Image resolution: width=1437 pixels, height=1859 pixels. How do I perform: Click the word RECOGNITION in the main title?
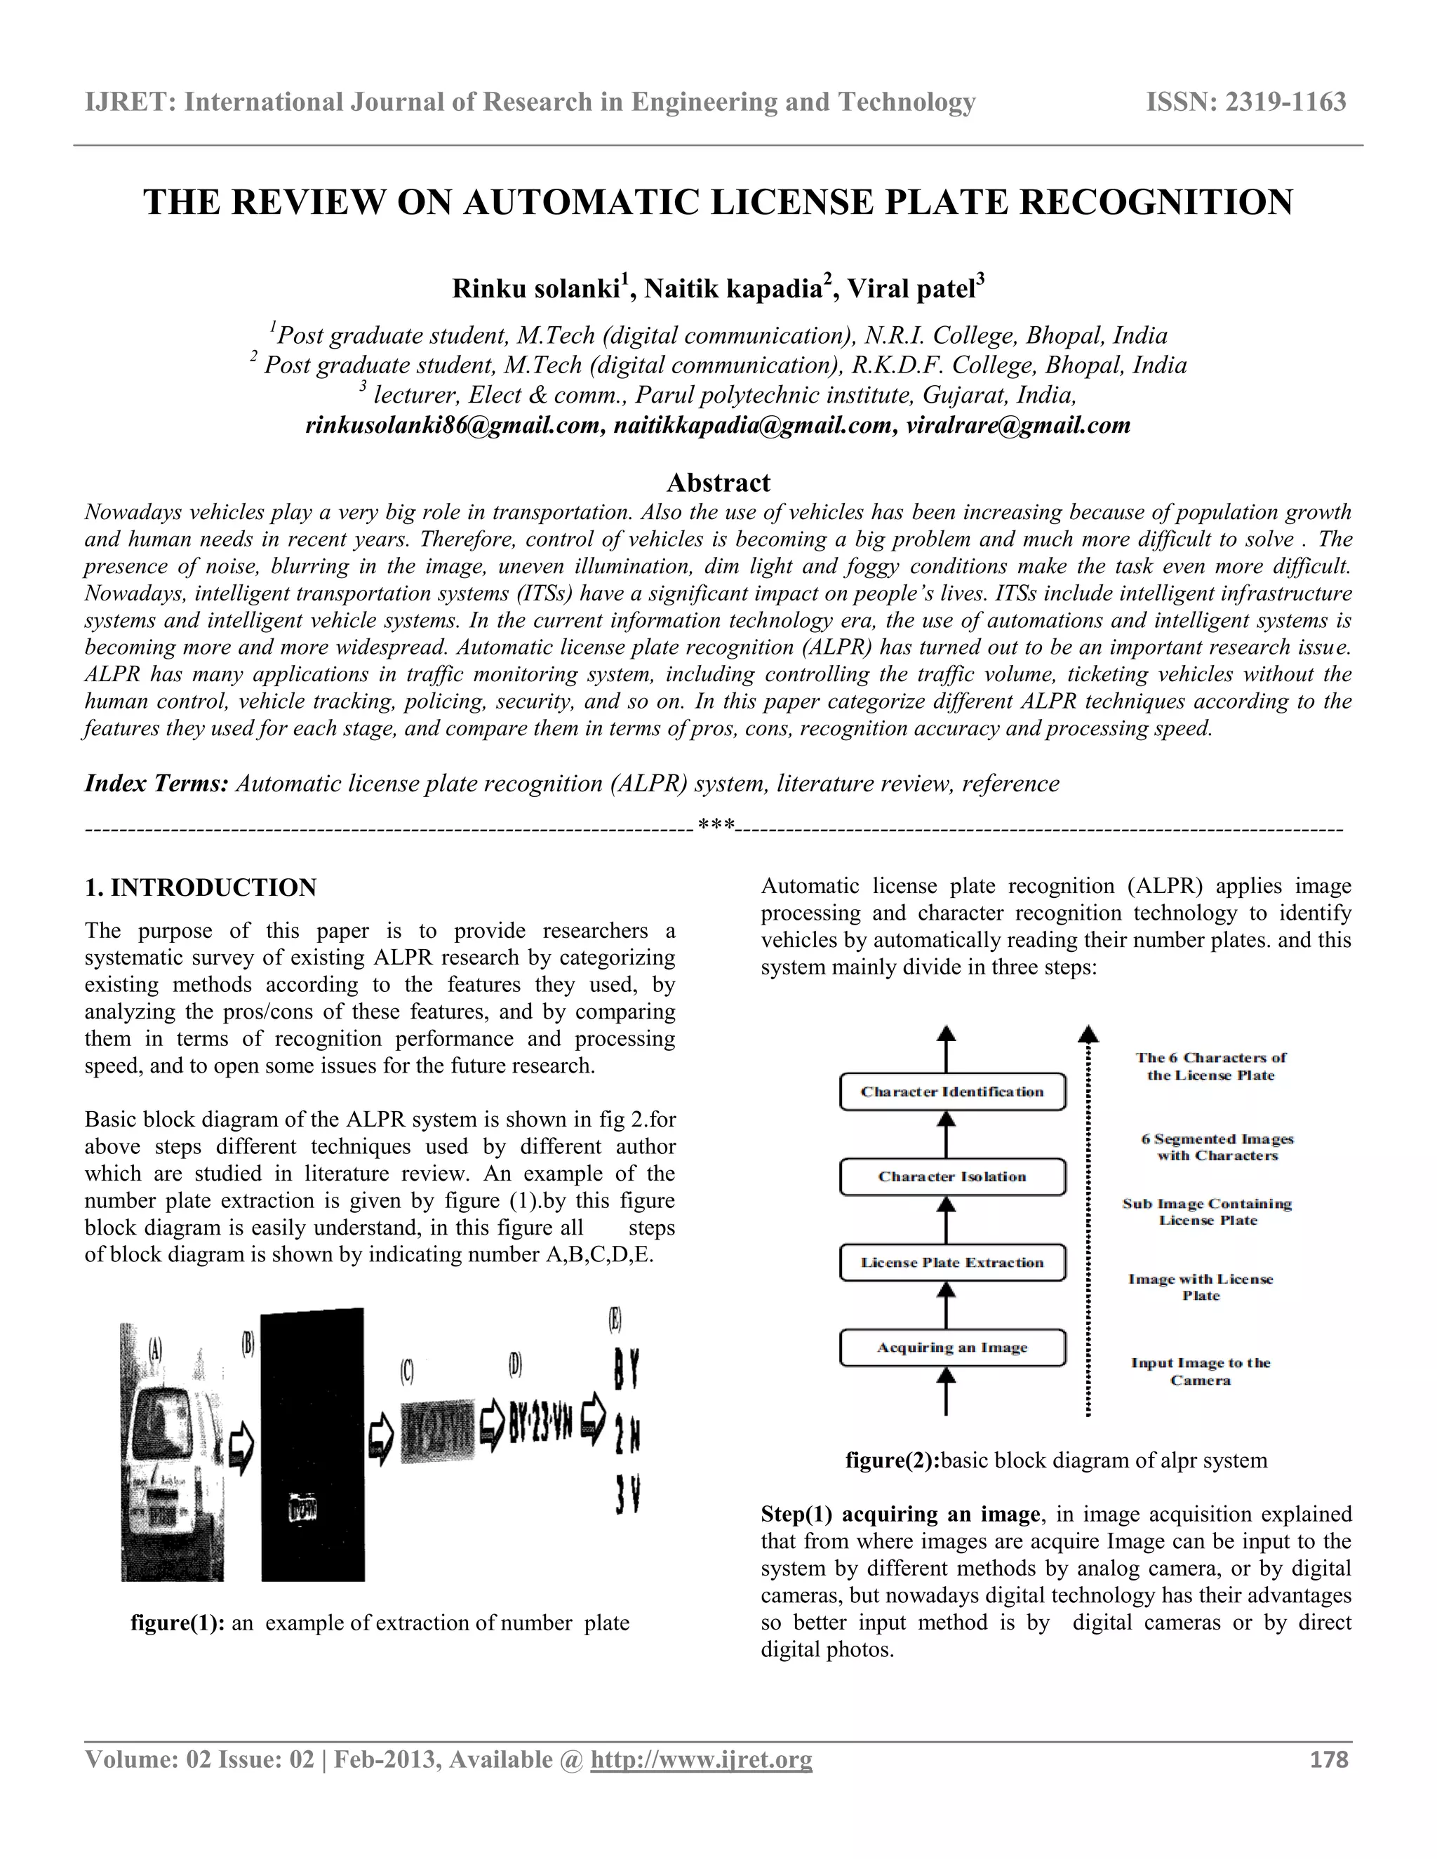(1154, 203)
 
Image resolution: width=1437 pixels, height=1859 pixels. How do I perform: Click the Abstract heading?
(718, 483)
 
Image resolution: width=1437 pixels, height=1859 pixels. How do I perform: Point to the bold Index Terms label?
(156, 783)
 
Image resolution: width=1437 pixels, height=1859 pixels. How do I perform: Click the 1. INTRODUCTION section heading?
(200, 888)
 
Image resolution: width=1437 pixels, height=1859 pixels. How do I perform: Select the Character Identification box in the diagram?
(951, 1092)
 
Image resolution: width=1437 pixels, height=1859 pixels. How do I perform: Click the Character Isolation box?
(951, 1177)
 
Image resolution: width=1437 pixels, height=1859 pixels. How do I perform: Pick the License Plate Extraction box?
(951, 1262)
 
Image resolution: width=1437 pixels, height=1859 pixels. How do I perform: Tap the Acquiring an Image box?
(951, 1348)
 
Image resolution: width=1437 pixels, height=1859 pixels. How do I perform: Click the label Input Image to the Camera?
(1201, 1371)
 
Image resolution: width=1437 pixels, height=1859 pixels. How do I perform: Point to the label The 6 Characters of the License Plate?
(1210, 1066)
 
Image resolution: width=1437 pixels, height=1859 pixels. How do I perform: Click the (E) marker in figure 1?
(615, 1320)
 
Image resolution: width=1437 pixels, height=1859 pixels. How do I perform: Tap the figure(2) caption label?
(891, 1461)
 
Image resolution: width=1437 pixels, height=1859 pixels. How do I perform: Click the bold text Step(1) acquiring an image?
(900, 1515)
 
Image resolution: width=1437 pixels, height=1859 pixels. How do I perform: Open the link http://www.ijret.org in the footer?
(702, 1759)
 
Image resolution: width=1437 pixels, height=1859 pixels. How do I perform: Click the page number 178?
(1329, 1759)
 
